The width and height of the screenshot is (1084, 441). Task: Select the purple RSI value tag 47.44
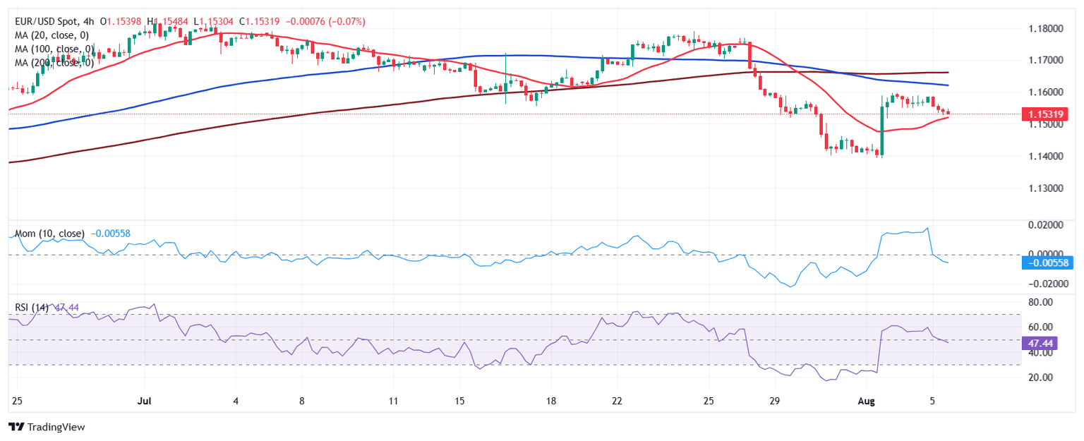pos(1037,344)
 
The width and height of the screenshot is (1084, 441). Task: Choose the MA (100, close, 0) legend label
pos(54,49)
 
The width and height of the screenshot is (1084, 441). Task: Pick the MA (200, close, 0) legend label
pos(54,62)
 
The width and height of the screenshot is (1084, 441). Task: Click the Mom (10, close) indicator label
pos(50,234)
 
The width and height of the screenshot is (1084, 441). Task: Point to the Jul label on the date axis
pos(144,401)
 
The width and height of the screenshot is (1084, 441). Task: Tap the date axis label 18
pos(550,401)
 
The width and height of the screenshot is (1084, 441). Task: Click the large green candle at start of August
pos(881,131)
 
